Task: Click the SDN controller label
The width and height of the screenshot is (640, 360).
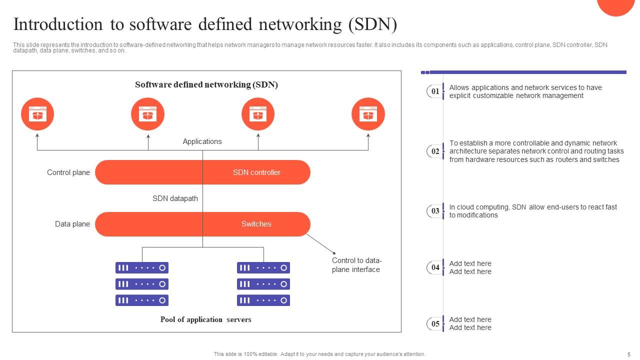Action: click(256, 172)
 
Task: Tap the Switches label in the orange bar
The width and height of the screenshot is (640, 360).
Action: click(256, 224)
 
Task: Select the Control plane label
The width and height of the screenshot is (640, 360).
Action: click(68, 172)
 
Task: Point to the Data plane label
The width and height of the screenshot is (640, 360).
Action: click(72, 224)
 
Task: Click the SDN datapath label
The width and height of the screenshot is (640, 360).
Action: click(175, 198)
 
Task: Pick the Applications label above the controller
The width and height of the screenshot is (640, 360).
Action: click(202, 141)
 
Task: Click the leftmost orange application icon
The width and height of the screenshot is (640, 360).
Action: click(37, 114)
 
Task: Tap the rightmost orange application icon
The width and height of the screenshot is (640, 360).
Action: click(368, 114)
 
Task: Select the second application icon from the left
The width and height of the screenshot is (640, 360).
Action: click(148, 114)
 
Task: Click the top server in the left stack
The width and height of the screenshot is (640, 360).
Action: click(142, 267)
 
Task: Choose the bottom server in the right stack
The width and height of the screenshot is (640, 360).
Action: click(263, 300)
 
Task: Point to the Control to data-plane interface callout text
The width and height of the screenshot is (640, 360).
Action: click(356, 265)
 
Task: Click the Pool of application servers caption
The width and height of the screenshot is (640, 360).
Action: click(205, 319)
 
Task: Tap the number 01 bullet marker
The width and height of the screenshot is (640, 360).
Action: click(435, 91)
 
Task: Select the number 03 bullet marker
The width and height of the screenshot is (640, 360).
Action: click(435, 211)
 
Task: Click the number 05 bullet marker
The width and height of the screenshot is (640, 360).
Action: click(435, 323)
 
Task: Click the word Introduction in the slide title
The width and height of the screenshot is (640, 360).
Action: click(57, 24)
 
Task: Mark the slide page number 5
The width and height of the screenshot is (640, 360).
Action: click(628, 354)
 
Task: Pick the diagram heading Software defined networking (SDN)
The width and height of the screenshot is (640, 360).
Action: click(206, 84)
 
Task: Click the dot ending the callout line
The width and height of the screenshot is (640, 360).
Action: click(334, 253)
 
